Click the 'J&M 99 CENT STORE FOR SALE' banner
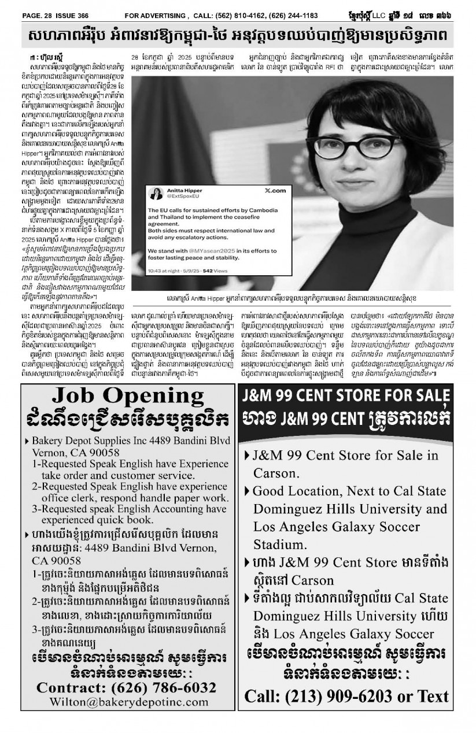(345, 398)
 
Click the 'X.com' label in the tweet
(275, 190)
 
